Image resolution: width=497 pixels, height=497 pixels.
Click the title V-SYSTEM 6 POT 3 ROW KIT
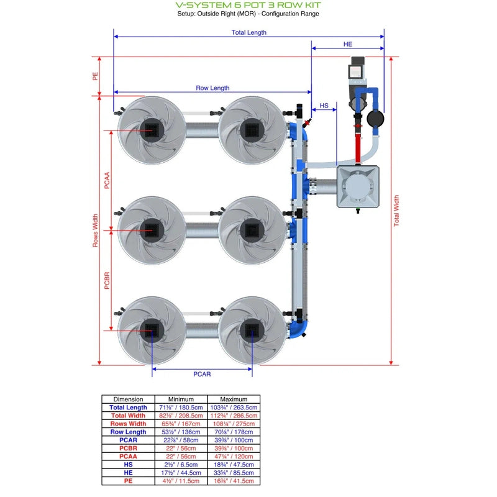pos(248,5)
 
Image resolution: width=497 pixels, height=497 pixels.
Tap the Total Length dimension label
pos(248,32)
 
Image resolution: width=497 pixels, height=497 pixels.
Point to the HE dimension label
pos(347,44)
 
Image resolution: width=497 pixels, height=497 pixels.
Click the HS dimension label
pos(324,106)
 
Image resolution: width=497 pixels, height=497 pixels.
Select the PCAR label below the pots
pos(202,374)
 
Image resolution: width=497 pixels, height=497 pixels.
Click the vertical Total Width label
pos(396,211)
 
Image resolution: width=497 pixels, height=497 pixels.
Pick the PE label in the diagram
pos(95,76)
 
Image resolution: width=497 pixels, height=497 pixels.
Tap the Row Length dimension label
pos(212,88)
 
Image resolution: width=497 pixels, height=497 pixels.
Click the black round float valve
pos(375,117)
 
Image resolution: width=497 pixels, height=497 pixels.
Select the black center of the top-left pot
pos(151,130)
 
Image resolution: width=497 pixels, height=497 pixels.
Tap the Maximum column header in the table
pos(234,399)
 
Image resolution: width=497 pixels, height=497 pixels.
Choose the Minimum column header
pos(181,399)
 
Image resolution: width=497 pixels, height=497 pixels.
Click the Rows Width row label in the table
pos(129,424)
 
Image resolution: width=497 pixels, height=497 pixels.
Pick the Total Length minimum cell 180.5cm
pos(181,408)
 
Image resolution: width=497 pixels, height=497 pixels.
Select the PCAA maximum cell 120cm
pos(234,456)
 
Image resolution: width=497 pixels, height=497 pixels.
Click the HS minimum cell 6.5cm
pos(181,464)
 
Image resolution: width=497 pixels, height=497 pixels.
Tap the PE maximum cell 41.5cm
pos(234,480)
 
